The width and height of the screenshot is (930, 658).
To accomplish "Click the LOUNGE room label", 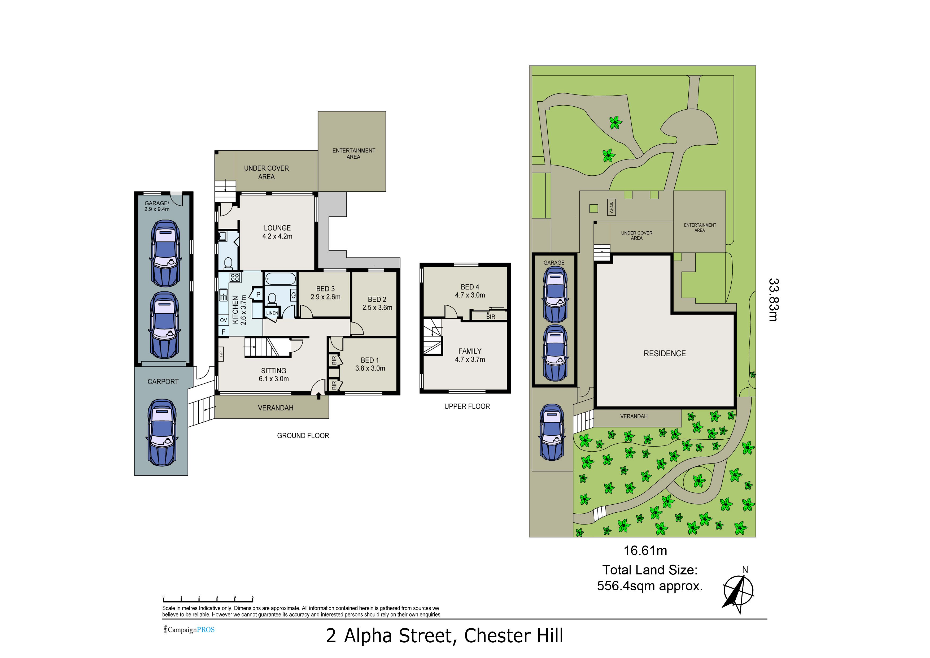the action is pos(277,228).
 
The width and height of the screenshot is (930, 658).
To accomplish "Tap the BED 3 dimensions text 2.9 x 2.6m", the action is pos(325,297).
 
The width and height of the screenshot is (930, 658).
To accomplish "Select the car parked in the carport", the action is pos(161,432).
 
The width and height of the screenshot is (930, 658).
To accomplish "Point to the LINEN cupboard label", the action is pos(272,313).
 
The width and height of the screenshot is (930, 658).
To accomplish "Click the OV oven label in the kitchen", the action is pos(224,320).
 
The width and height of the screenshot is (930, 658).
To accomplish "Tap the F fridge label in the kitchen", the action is pos(223,332).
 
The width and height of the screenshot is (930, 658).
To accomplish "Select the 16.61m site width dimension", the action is pos(645,551).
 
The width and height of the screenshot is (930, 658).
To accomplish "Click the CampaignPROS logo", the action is pos(189,630).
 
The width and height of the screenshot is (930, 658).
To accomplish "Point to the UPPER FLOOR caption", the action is pos(467,406).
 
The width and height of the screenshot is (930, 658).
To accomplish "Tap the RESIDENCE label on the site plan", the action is pos(665,353).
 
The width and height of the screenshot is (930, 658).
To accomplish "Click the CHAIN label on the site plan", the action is pos(612,207).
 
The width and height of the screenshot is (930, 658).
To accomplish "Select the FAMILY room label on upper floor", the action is pos(470,351).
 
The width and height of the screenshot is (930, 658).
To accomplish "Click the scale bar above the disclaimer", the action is pos(208,600).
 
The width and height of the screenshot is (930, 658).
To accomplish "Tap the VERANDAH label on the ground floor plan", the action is pos(276,408).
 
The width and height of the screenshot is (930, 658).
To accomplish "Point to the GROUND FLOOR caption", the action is pos(303,436).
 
